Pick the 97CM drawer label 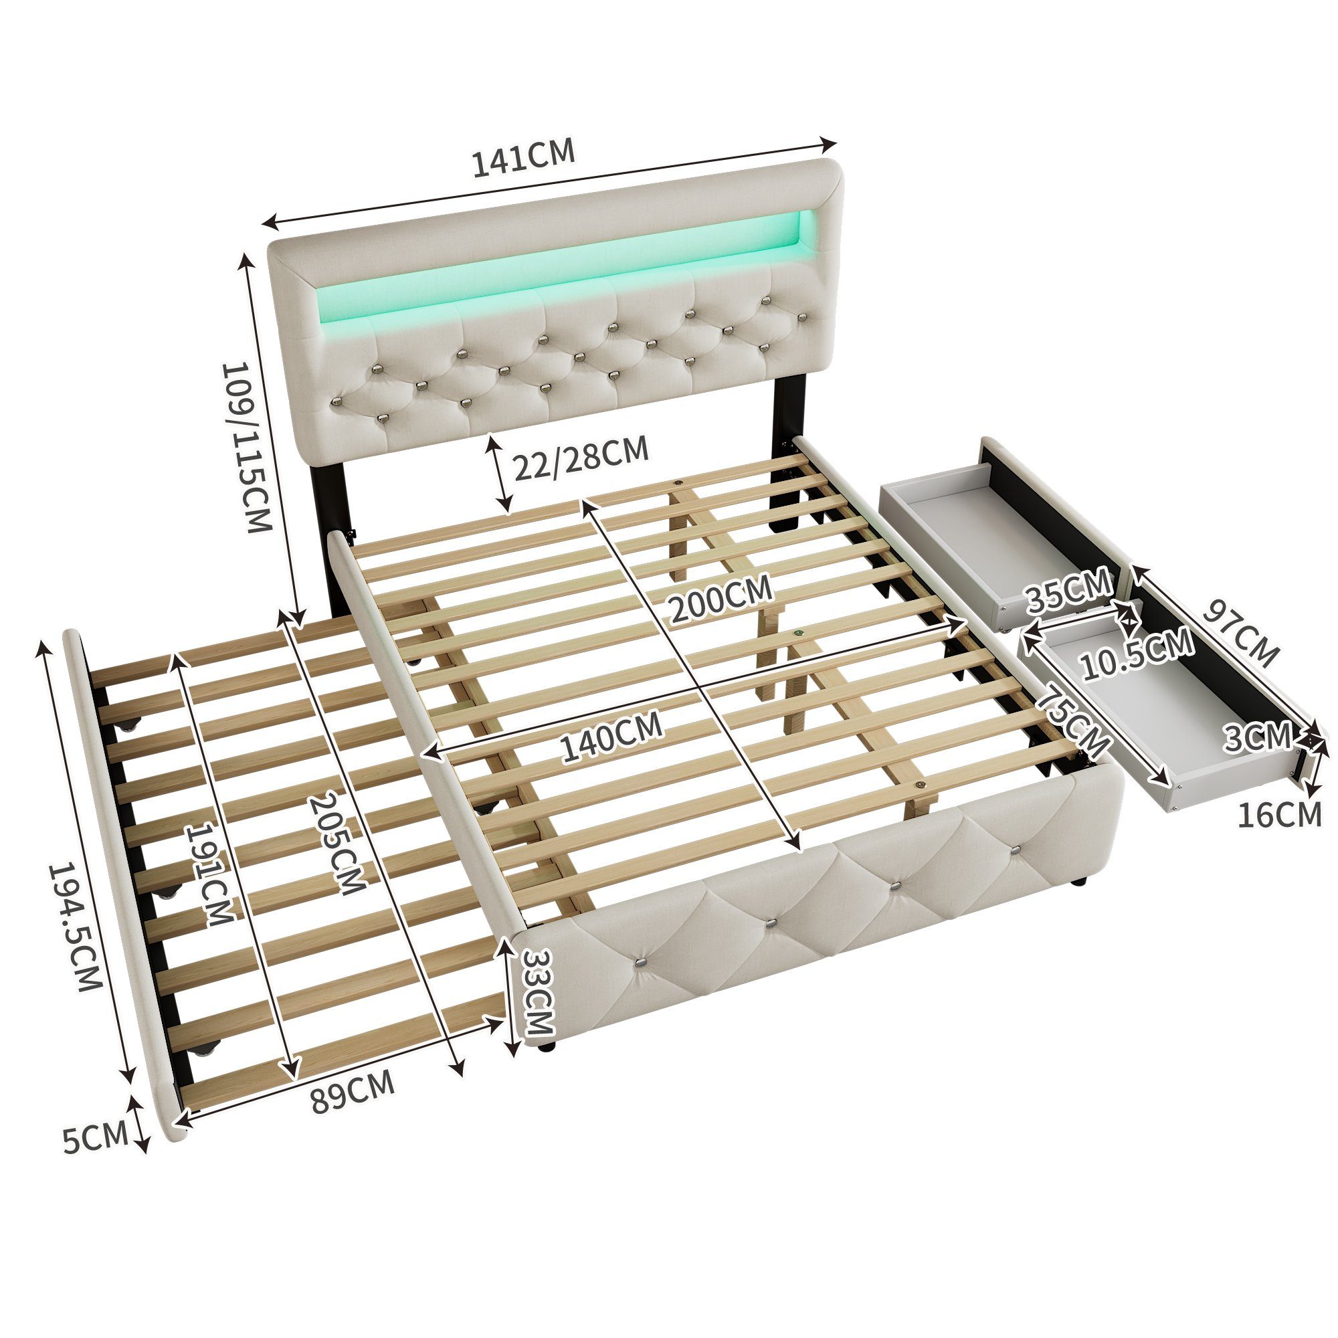coord(1240,632)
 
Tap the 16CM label coord(1280,814)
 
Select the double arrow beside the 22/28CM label coord(500,473)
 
